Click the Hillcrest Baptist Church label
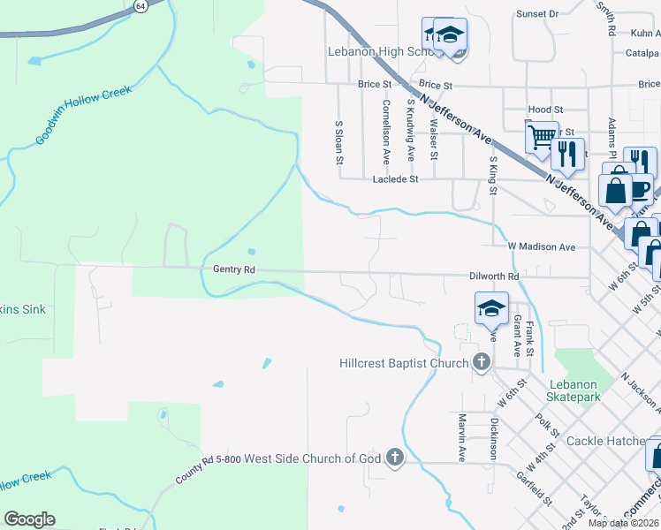(405, 363)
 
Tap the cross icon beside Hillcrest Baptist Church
(481, 362)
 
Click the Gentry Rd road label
(233, 269)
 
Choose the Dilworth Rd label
(494, 276)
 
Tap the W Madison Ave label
(542, 246)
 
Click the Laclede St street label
(395, 178)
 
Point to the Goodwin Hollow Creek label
(84, 115)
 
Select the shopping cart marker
(541, 137)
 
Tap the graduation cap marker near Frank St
(491, 308)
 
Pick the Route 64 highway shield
(141, 5)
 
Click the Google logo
(29, 519)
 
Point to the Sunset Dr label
(537, 14)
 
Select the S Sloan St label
(338, 143)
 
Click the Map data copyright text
(623, 523)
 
